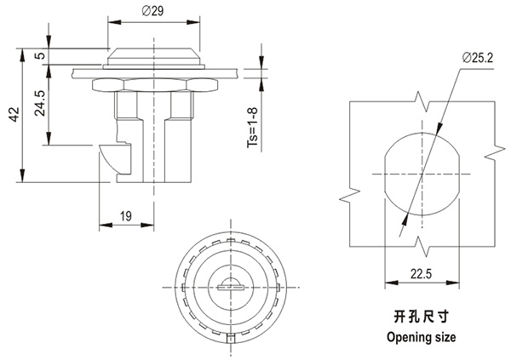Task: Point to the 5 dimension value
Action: (39, 56)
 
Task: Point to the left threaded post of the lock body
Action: (126, 106)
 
